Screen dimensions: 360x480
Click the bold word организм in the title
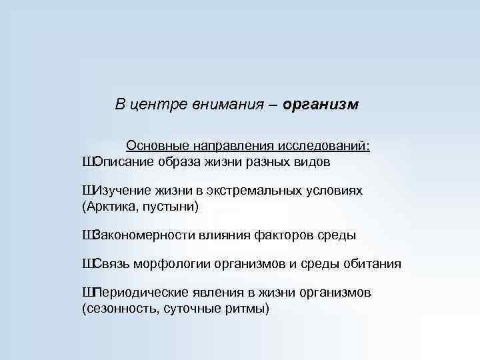(x=321, y=105)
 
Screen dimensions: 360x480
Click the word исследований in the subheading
(x=326, y=145)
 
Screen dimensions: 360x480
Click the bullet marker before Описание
(x=87, y=162)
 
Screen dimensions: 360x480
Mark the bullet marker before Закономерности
(x=87, y=235)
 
